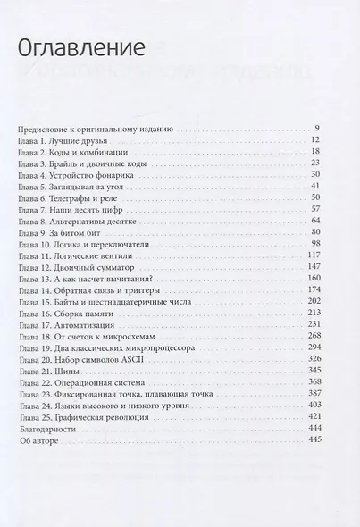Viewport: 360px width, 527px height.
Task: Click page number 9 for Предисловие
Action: click(x=331, y=130)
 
